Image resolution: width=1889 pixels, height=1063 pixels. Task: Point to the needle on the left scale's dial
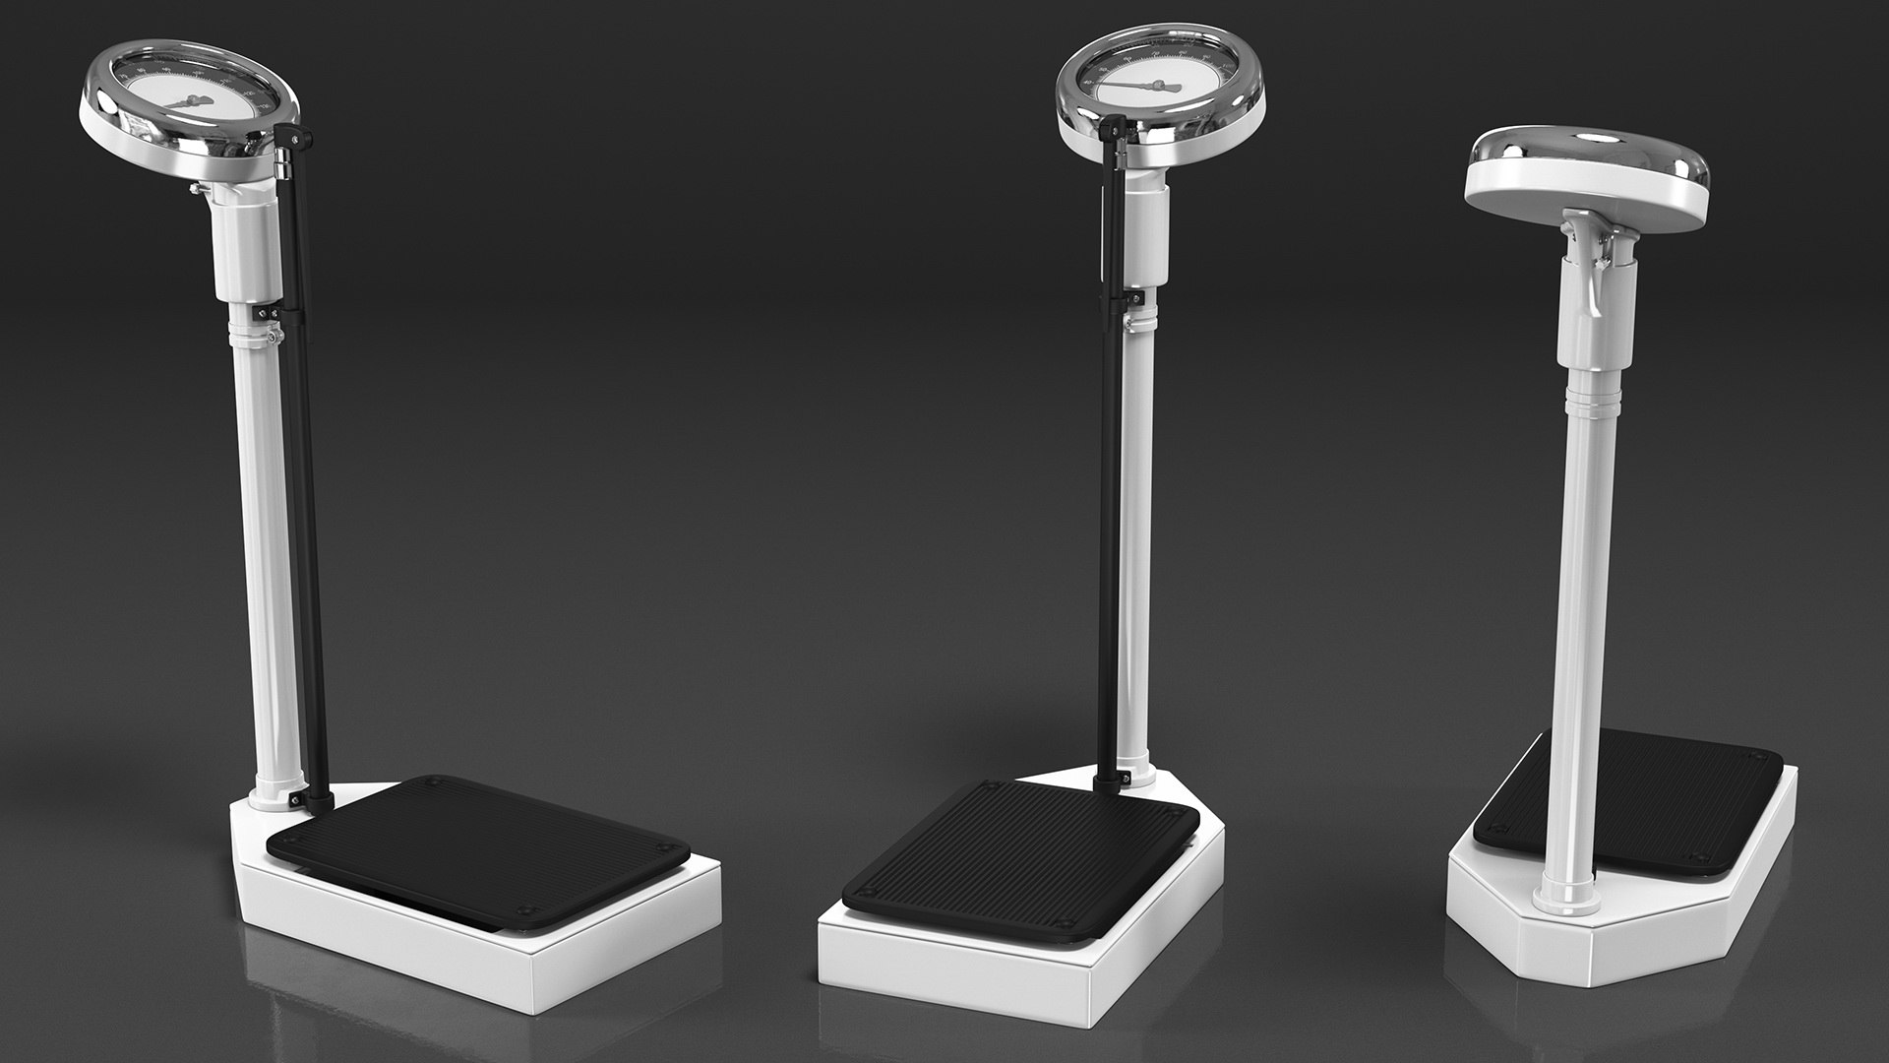click(187, 100)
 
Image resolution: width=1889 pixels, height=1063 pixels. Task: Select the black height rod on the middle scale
click(1113, 492)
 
